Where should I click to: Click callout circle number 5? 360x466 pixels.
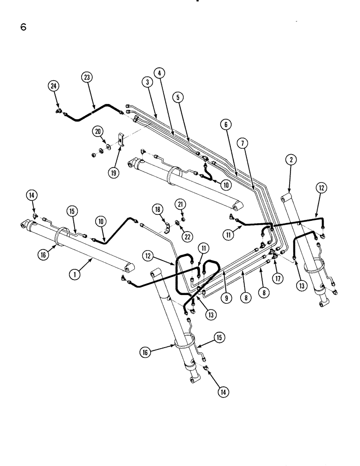(225, 124)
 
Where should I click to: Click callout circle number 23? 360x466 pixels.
(86, 78)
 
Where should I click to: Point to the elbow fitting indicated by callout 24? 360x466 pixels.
(59, 111)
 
